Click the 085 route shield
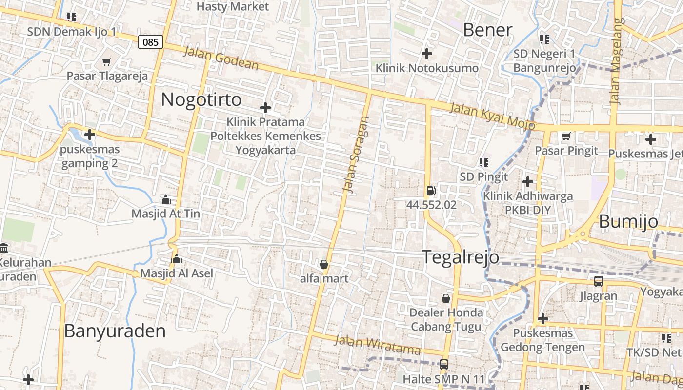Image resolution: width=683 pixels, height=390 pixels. (150, 42)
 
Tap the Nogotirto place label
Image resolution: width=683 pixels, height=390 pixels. (201, 99)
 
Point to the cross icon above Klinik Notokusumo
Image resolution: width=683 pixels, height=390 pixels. (427, 53)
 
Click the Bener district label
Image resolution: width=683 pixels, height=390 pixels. (487, 30)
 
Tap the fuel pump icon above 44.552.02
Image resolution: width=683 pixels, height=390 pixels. (431, 191)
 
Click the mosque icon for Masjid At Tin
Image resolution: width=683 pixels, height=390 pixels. (166, 199)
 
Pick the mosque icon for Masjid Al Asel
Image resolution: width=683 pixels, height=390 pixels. (177, 259)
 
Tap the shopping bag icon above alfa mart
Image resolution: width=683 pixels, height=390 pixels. (323, 265)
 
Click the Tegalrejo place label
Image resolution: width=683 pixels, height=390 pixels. (460, 257)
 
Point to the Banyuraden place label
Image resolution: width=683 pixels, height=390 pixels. (115, 331)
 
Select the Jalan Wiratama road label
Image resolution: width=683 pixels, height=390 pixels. (378, 345)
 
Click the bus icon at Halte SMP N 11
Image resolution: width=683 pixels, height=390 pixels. (444, 364)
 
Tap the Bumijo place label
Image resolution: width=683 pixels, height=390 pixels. (628, 221)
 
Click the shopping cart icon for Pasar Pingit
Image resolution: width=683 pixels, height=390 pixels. (566, 136)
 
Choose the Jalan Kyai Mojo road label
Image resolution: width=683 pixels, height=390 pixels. (492, 116)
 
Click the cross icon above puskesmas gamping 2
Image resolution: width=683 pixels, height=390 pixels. (90, 134)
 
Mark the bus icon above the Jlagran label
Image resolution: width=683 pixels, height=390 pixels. (599, 281)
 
